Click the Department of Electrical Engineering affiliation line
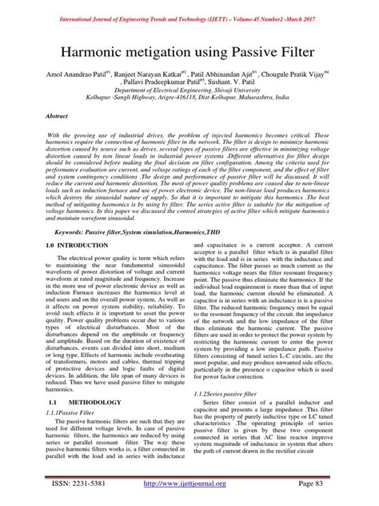point(189,91)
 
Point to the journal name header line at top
point(189,7)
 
